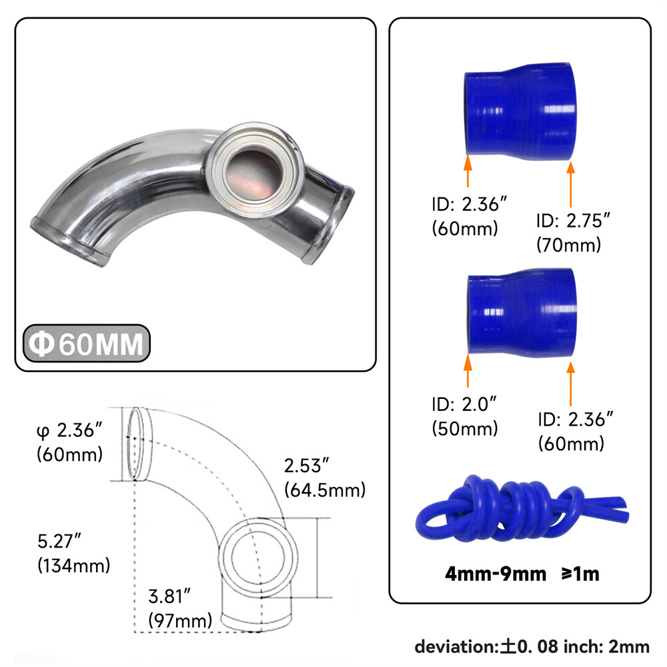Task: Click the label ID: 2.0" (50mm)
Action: click(x=465, y=416)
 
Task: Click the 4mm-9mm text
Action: click(x=496, y=574)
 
